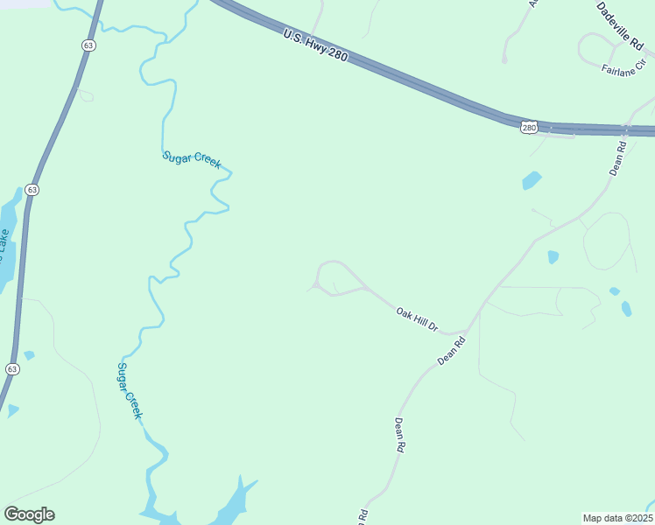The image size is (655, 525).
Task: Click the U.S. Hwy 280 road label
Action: tap(316, 45)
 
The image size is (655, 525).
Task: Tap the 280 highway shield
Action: tap(529, 128)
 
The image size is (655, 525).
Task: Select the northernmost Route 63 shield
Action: tap(88, 45)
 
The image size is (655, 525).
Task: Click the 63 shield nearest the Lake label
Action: tap(32, 189)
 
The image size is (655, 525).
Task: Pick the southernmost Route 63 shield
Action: tap(11, 369)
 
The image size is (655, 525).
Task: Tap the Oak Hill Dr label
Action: tap(416, 318)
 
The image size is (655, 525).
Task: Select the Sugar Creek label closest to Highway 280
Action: tap(192, 160)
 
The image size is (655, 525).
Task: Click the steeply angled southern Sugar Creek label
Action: tap(130, 390)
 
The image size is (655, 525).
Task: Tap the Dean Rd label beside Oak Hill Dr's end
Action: tap(451, 348)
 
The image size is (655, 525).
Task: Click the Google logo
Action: tap(29, 514)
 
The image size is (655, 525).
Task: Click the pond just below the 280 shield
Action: tap(532, 181)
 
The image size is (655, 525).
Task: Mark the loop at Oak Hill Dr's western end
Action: tap(338, 278)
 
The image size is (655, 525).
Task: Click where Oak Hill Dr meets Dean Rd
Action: tap(465, 332)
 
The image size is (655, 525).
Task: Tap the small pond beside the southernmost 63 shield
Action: tap(29, 355)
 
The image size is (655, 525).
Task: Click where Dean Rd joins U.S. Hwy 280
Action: tap(630, 130)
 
